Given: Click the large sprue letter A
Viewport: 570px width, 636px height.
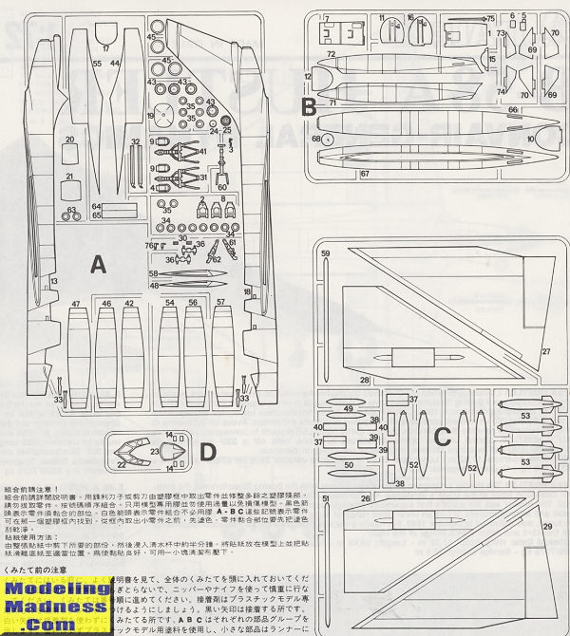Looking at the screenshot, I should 98,267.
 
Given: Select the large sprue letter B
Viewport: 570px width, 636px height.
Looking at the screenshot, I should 309,106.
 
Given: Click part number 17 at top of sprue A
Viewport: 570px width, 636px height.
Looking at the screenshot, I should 105,47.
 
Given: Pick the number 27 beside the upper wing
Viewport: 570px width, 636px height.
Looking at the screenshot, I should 546,352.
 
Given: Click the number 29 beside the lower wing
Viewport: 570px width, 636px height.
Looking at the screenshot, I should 546,526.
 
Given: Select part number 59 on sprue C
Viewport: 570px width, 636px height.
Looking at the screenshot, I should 325,253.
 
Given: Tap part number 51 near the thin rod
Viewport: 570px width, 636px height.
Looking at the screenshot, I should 325,498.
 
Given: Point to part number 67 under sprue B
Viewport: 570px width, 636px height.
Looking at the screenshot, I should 365,174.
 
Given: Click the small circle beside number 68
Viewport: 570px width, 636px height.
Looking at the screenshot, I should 329,139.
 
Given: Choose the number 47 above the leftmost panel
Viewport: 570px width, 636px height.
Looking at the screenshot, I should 75,303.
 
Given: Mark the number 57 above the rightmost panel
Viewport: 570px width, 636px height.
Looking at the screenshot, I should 220,303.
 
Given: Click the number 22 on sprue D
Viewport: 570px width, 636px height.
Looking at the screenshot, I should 121,464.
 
